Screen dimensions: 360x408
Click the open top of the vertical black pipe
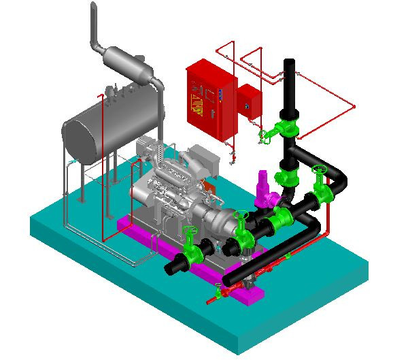point(290,63)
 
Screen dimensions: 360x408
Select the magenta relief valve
point(263,191)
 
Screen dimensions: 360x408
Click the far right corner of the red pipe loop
point(355,105)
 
